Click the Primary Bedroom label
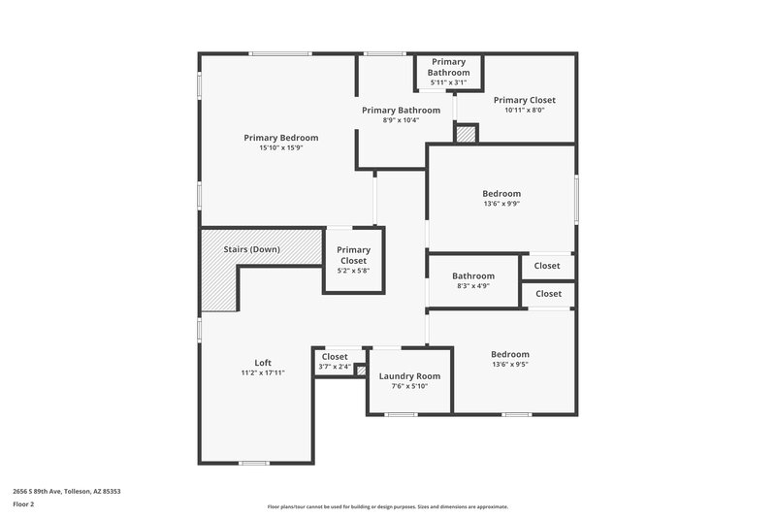coord(280,138)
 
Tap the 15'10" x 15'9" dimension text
coord(280,148)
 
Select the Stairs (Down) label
coord(251,249)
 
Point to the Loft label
coord(263,363)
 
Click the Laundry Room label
coord(409,375)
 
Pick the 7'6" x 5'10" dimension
coord(409,386)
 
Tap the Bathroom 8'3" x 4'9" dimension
coord(472,286)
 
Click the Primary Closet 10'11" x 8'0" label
coord(524,100)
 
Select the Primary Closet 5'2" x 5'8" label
coord(353,255)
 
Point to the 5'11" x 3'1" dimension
coord(449,82)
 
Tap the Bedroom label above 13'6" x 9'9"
coord(501,194)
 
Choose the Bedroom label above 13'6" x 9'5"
coord(509,354)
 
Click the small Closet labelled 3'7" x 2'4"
coord(335,357)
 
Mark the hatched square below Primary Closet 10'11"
coord(467,134)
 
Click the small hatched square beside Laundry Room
coord(360,370)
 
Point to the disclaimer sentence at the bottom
coord(387,506)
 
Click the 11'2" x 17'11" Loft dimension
coord(263,373)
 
